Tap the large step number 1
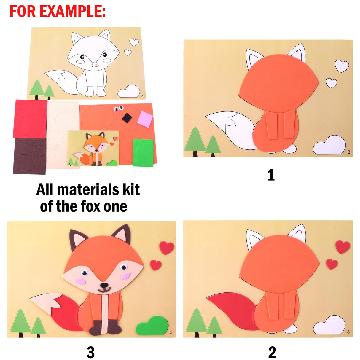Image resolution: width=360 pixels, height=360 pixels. (271, 175)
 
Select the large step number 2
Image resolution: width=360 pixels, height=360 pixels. (272, 352)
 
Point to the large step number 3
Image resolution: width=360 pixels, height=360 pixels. (91, 352)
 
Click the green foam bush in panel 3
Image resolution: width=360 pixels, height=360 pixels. (151, 326)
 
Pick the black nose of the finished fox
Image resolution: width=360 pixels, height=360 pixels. (104, 285)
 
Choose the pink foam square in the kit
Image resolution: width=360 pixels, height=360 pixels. (145, 119)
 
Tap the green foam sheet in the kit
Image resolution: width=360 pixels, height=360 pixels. (143, 153)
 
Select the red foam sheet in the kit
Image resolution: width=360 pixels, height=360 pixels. (30, 119)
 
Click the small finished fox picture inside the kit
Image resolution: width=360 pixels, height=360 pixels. (93, 148)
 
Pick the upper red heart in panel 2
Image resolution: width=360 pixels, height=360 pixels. (343, 247)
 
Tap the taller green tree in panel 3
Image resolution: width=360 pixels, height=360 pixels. (20, 322)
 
